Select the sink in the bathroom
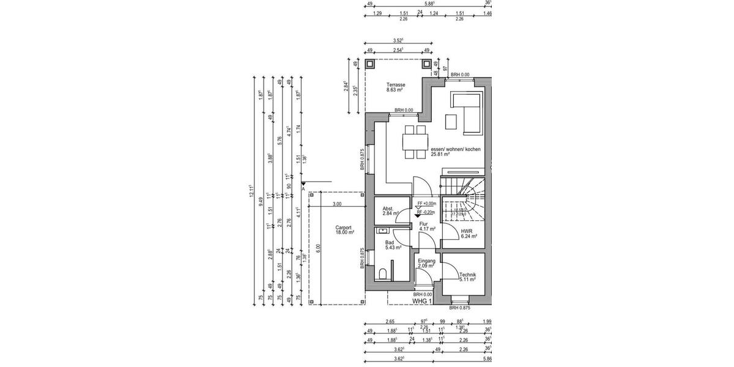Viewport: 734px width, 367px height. (384, 231)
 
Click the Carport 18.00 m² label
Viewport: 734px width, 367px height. (344, 230)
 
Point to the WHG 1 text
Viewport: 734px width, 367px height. (422, 301)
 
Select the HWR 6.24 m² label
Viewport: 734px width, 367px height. (469, 234)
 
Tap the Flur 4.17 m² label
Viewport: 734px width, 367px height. (427, 226)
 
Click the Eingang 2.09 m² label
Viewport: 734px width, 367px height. (426, 263)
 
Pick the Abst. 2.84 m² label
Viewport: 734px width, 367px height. (390, 211)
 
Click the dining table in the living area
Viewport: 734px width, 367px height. (413, 142)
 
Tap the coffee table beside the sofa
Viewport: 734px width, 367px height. (451, 122)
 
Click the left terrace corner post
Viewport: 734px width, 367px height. (370, 64)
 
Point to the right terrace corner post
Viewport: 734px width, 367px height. (426, 64)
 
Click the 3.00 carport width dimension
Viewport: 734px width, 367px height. (337, 204)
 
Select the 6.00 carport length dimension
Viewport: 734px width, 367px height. (319, 251)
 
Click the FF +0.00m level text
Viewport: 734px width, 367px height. (426, 204)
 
